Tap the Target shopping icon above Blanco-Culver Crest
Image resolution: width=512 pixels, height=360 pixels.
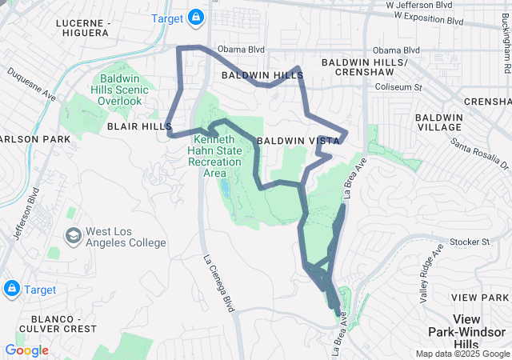pos(12,288)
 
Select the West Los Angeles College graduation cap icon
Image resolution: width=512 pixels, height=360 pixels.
pos(73,236)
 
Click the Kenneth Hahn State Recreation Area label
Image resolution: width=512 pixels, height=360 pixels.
pos(214,156)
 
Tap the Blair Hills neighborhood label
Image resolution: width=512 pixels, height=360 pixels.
pos(134,126)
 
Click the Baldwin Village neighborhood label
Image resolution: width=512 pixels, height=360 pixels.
pos(438,122)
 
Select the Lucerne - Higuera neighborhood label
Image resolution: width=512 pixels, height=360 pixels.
pos(82,28)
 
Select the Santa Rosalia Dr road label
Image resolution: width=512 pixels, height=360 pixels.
pos(480,154)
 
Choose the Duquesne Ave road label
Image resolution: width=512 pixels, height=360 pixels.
pos(32,83)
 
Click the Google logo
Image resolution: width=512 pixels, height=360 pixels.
pos(26,350)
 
